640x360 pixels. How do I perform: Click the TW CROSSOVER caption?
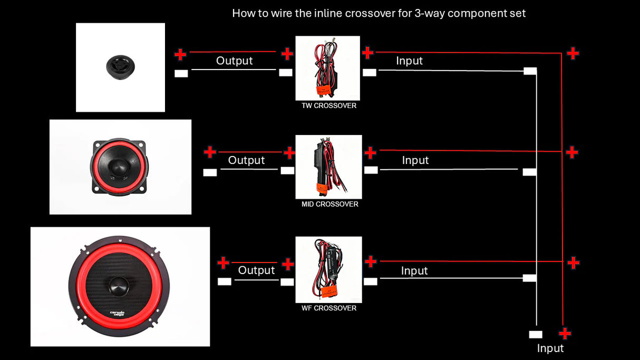click(329, 106)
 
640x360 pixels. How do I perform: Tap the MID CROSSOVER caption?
click(329, 205)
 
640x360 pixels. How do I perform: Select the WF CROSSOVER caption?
click(329, 308)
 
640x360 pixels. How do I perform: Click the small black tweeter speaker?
click(120, 67)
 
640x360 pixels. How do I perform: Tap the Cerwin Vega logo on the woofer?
click(117, 314)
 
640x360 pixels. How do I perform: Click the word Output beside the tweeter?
click(234, 61)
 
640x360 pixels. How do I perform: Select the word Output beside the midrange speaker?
click(246, 160)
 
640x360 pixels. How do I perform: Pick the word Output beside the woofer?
click(256, 270)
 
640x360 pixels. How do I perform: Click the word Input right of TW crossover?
click(409, 61)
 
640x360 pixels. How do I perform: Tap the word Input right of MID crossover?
click(415, 161)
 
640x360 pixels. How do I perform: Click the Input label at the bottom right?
click(550, 348)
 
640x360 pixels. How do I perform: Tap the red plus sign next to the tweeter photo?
click(180, 54)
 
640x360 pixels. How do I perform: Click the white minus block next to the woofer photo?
click(224, 281)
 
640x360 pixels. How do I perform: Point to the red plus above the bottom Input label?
click(565, 334)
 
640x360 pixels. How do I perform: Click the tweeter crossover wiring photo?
click(328, 68)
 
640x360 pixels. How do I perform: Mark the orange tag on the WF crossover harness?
click(329, 291)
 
